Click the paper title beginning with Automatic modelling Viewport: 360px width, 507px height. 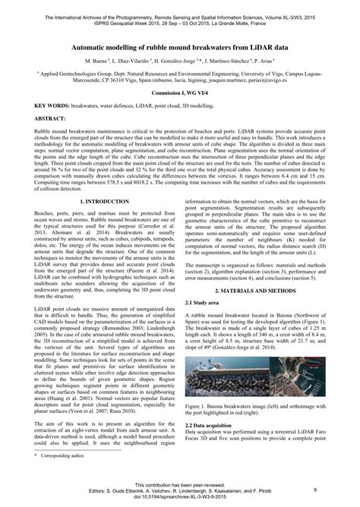coord(179,46)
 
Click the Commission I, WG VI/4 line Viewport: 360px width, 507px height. coord(179,91)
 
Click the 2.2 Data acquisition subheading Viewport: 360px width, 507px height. coord(212,426)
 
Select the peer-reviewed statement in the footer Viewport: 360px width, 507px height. coord(179,483)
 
